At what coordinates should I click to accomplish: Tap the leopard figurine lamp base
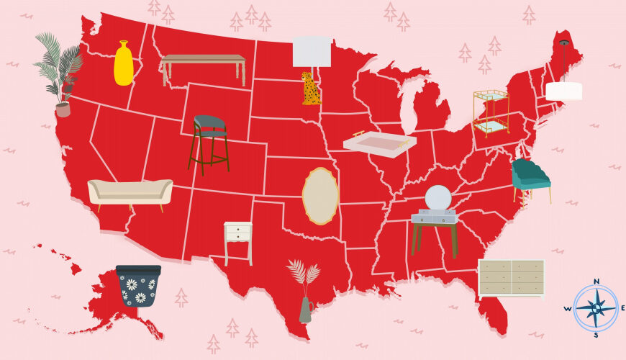(311, 89)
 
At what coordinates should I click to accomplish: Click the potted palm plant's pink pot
(63, 109)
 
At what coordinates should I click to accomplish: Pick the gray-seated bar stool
(209, 137)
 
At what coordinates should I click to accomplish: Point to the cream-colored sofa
(130, 192)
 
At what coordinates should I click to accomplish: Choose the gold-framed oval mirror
(320, 195)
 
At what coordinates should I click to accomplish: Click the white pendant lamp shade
(563, 91)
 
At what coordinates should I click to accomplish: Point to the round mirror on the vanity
(437, 198)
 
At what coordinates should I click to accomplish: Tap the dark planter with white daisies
(138, 286)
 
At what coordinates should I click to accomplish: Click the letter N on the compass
(596, 282)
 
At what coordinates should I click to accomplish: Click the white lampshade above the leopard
(312, 51)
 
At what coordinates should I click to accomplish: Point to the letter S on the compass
(596, 335)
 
